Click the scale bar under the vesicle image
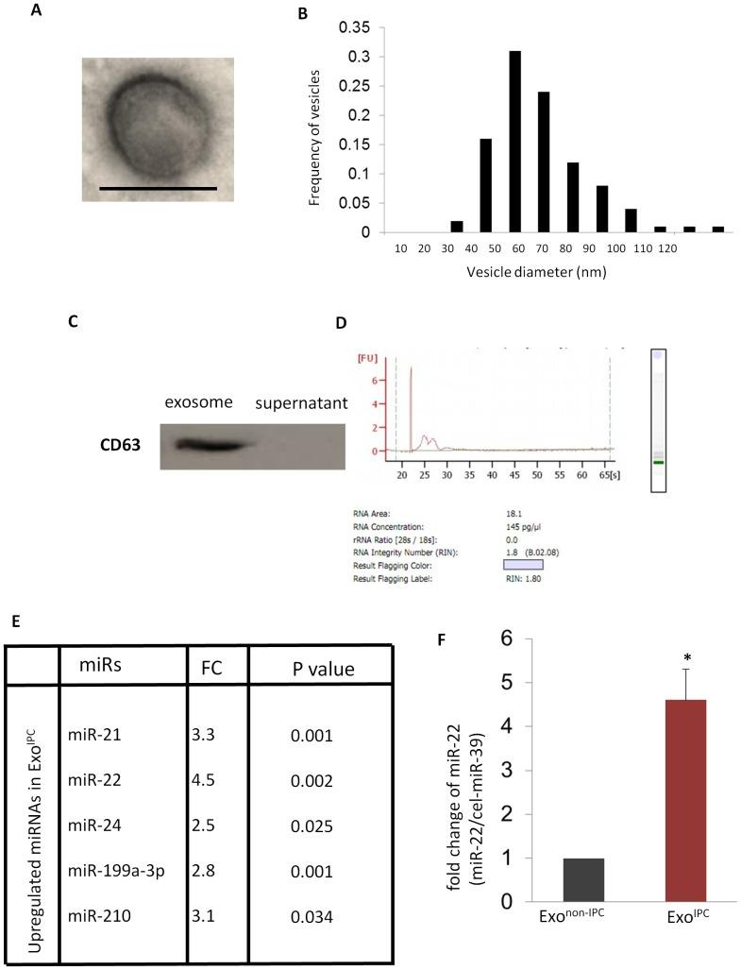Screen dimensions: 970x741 coord(158,188)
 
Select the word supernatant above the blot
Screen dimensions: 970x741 coord(298,403)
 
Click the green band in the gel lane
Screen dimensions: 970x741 coord(657,463)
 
